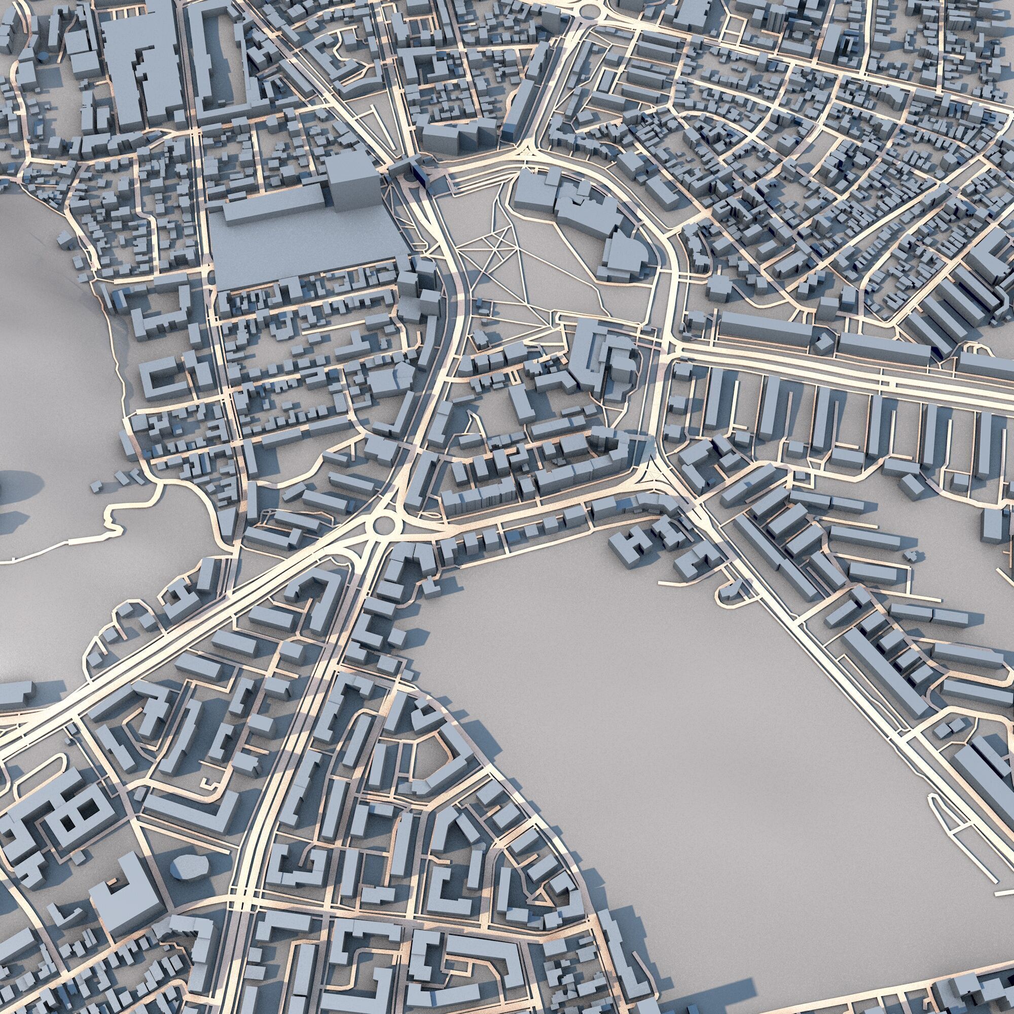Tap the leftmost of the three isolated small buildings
(x=98, y=486)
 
